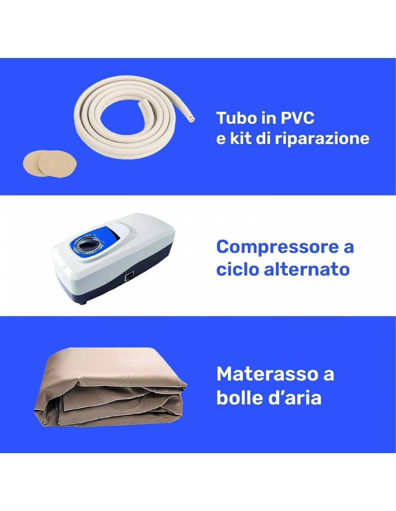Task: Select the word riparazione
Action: [x=322, y=139]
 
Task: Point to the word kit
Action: [x=241, y=139]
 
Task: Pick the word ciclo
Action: [x=238, y=269]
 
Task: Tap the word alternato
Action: [x=306, y=270]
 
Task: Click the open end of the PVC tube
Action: [x=191, y=119]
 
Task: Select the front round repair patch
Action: [x=58, y=164]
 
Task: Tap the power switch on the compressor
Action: [x=130, y=277]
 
